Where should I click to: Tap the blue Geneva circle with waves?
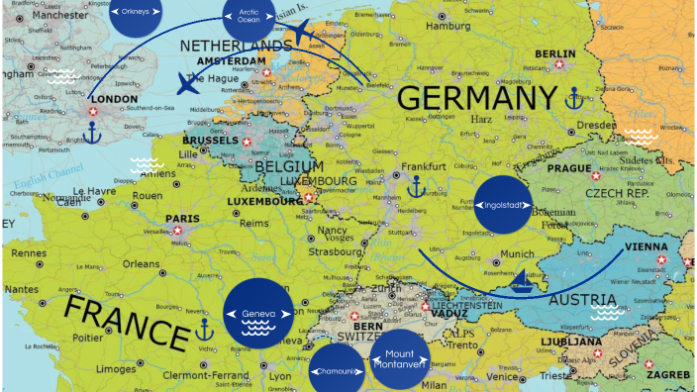(x=258, y=314)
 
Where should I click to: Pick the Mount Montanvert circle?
(x=400, y=359)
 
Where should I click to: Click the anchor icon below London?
(x=93, y=133)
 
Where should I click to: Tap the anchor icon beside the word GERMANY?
(x=573, y=98)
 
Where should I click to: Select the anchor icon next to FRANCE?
(x=204, y=330)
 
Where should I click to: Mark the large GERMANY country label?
(x=478, y=99)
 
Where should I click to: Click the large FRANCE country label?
(x=126, y=324)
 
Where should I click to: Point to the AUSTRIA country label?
(x=583, y=300)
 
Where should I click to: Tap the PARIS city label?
(x=182, y=219)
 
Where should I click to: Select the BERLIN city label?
(x=554, y=54)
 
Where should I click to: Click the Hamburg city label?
(x=448, y=26)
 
